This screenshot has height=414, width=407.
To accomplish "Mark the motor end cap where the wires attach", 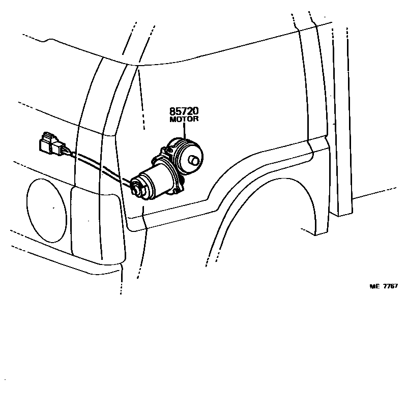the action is tap(138, 186).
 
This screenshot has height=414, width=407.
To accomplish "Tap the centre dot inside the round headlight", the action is tap(53, 208).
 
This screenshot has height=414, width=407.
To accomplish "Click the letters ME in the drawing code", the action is tap(374, 286).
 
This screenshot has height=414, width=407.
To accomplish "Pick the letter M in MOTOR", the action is tap(171, 120).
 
